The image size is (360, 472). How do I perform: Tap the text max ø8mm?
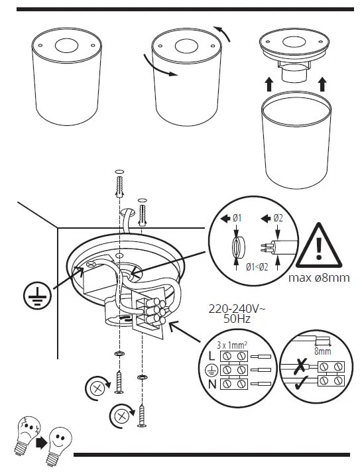click(319, 277)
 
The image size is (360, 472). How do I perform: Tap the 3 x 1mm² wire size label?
click(233, 344)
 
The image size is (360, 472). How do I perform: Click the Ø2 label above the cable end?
click(278, 218)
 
